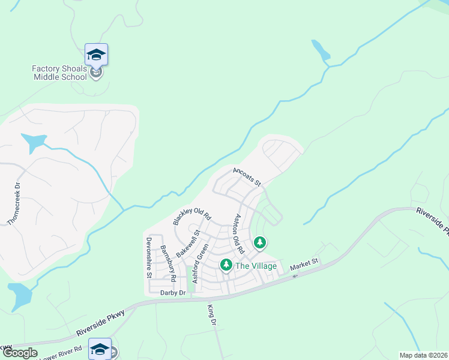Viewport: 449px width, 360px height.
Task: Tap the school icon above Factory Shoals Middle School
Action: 96,55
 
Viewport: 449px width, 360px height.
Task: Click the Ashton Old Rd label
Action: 239,233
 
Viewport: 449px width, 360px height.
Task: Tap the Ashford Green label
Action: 200,264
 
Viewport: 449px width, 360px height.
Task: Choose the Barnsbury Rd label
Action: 166,264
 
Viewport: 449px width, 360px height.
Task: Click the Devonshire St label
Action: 148,257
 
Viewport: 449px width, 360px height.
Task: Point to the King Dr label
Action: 211,314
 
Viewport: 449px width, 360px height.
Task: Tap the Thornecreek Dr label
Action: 14,203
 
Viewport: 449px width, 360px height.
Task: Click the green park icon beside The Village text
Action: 226,265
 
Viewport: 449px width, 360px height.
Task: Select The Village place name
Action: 256,266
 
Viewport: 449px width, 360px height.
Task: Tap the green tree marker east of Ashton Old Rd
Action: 260,242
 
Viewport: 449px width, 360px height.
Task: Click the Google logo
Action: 20,353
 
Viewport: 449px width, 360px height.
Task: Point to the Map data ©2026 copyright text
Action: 423,355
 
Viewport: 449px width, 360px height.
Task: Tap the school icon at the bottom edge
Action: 100,349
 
